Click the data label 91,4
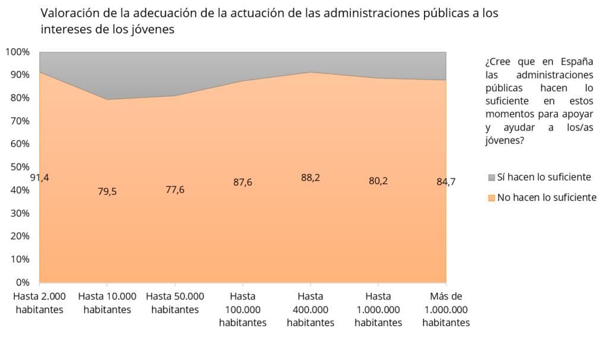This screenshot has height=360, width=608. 39,177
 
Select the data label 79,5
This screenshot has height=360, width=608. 107,191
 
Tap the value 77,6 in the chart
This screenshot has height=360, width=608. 175,190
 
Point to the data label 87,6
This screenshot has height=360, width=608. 242,182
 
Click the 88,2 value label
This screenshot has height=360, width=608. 311,178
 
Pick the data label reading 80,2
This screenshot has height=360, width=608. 378,181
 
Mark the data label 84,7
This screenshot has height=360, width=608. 445,182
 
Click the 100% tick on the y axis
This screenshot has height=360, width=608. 17,52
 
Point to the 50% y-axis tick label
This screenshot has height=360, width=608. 19,167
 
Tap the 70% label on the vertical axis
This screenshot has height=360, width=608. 19,121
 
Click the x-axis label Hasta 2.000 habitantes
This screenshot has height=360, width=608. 39,303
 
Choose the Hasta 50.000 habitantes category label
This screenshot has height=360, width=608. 175,303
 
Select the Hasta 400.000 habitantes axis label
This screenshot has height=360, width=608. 311,310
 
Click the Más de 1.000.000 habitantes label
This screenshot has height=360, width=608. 445,310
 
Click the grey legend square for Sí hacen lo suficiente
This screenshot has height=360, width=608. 491,178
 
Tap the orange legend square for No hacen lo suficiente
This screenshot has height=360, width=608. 491,198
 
